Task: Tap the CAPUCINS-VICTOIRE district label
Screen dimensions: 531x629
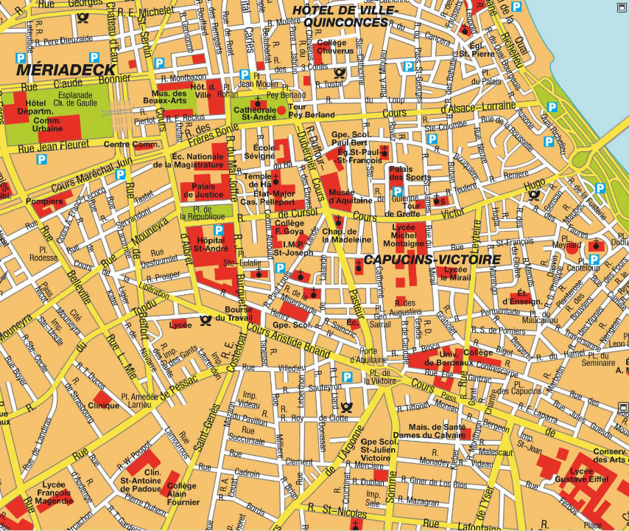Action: click(432, 260)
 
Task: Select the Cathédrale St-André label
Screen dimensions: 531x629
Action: click(254, 111)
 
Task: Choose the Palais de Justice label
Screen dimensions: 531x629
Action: click(203, 190)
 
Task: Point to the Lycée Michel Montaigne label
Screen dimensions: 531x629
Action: click(404, 232)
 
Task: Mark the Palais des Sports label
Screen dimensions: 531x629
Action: click(409, 173)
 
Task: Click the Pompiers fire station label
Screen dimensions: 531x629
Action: click(43, 201)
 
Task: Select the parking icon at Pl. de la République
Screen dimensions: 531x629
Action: click(217, 231)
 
